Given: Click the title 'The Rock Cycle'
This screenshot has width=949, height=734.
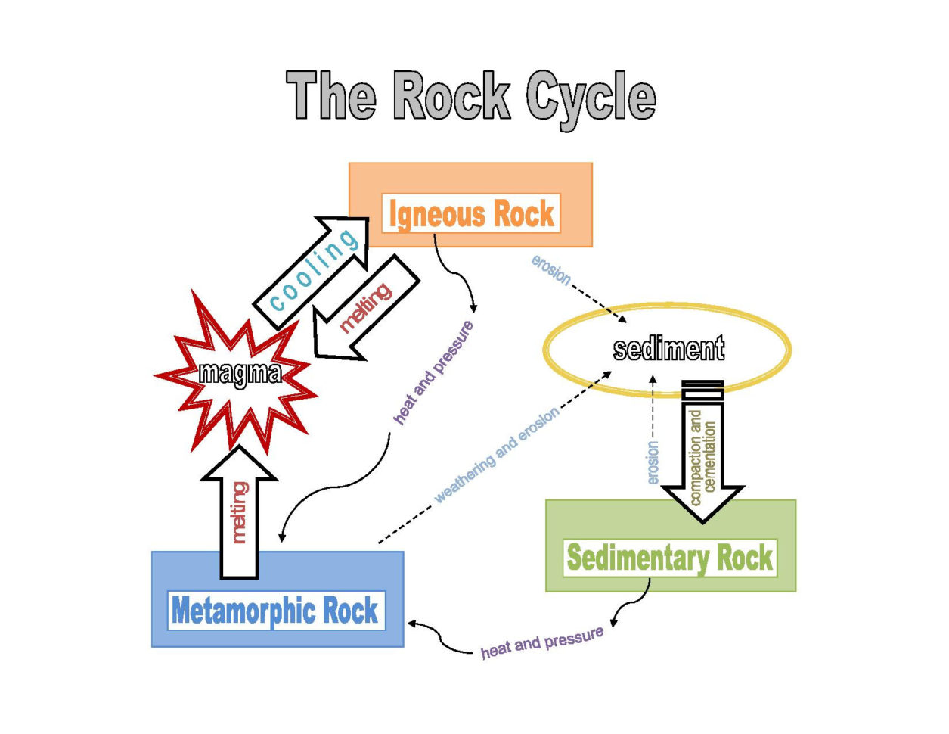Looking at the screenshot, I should (470, 96).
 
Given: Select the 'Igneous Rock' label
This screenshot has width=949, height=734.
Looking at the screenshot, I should (471, 213).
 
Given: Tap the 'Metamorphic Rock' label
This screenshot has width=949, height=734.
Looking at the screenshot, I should (275, 610).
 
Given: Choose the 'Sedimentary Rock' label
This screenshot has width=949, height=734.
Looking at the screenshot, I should (669, 558).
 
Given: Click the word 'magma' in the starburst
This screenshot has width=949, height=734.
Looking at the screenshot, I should (240, 372).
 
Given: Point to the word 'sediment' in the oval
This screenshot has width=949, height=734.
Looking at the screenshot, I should (668, 349).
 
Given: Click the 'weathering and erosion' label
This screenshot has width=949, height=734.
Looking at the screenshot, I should (497, 455).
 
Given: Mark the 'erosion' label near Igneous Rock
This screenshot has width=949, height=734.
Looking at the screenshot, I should (550, 270).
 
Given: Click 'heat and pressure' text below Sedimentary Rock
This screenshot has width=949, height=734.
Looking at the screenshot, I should (542, 642).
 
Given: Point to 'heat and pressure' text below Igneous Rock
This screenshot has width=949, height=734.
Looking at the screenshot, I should (434, 372).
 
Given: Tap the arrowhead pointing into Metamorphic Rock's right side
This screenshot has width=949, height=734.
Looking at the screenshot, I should (413, 624).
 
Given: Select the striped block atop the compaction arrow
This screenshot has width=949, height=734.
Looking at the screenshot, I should (702, 390).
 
